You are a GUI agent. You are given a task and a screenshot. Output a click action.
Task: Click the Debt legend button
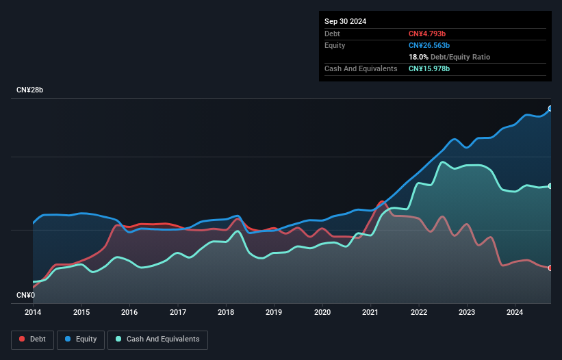click(31, 339)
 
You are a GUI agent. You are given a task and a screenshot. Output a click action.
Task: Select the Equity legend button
click(81, 339)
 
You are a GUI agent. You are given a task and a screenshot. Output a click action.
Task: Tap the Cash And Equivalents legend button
click(157, 339)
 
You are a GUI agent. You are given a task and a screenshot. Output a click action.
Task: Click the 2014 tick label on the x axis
click(33, 312)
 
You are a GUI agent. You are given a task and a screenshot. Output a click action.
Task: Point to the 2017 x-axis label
click(178, 312)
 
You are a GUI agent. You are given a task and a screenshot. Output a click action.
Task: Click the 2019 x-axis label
click(274, 312)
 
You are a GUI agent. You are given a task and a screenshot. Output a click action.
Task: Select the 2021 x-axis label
click(370, 312)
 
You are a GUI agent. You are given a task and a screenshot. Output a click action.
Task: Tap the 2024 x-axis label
click(515, 312)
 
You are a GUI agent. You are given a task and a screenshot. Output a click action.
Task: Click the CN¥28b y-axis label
click(30, 90)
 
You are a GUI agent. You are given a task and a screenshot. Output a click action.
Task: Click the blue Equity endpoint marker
click(550, 109)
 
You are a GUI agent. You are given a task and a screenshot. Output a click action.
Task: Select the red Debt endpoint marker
click(550, 268)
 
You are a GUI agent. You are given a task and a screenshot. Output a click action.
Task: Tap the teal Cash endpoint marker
click(550, 186)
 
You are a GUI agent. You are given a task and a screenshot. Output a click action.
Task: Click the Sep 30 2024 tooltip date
click(345, 21)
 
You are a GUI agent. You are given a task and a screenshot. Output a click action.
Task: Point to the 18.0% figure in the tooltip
click(419, 57)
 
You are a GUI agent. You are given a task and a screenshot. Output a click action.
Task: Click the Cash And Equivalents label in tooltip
click(361, 68)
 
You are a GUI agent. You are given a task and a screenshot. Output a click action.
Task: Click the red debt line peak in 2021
click(381, 202)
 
